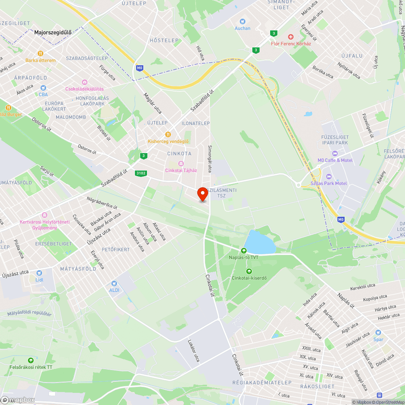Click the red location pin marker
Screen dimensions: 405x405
(x=202, y=194)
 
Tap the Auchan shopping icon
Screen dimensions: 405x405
(x=243, y=21)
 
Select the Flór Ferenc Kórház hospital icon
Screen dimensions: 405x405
(x=291, y=36)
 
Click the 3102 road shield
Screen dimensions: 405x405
(x=141, y=173)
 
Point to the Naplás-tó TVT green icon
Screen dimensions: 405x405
(x=244, y=251)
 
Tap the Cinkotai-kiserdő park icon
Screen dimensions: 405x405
(x=249, y=271)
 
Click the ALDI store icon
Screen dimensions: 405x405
(x=114, y=283)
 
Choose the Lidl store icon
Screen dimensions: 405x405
(x=39, y=273)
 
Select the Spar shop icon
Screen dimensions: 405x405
(x=378, y=333)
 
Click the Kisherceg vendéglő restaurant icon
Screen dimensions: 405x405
(x=168, y=134)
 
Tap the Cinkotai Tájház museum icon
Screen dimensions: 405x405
(x=181, y=163)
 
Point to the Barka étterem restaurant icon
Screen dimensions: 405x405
(x=40, y=53)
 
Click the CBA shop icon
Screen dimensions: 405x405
(x=43, y=87)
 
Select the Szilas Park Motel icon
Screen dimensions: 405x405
(x=328, y=177)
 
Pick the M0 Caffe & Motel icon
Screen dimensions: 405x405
(x=335, y=153)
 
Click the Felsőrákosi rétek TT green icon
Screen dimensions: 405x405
(x=31, y=360)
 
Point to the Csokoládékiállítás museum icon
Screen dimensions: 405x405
(x=84, y=82)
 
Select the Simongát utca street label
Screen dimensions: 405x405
(x=210, y=159)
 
